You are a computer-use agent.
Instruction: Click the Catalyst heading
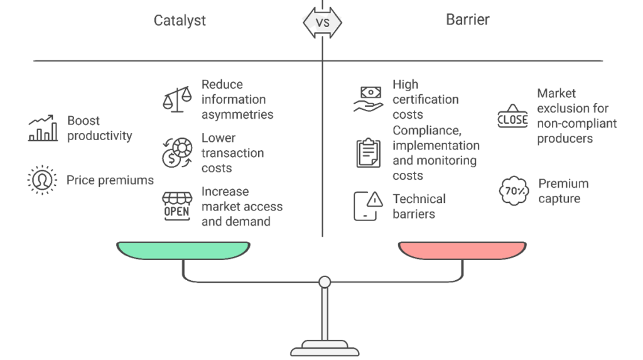point(180,20)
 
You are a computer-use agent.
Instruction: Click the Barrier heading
point(467,19)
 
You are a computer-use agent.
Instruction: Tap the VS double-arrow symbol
point(322,23)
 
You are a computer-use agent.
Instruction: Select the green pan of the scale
point(182,251)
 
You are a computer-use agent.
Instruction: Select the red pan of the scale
point(463,251)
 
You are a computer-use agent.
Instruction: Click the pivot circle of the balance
point(324,282)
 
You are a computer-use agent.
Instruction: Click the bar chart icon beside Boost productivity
point(43,128)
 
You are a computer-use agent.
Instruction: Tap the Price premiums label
point(110,181)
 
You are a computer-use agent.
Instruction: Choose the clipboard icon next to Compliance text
point(368,153)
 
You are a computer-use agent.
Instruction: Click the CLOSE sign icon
point(512,116)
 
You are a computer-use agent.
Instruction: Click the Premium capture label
point(563,191)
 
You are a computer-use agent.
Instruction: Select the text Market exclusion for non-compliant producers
point(576,116)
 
